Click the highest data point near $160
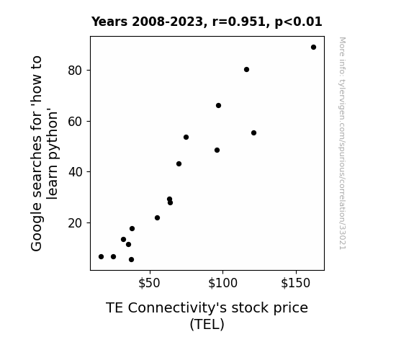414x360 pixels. coord(313,48)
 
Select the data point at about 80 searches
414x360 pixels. coord(246,69)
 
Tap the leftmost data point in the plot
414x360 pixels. coord(101,257)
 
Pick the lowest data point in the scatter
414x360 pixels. coord(131,260)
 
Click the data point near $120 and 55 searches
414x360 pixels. coord(253,133)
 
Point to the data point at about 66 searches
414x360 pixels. coord(218,105)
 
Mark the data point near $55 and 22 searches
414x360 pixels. coord(157,218)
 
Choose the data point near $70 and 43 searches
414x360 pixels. coord(179,163)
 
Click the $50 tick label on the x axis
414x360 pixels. coord(149,283)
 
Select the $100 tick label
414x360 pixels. coord(223,283)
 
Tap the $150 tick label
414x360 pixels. coord(295,283)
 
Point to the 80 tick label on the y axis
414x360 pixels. coord(75,71)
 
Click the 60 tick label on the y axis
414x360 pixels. coord(75,122)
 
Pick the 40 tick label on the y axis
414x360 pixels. coord(75,172)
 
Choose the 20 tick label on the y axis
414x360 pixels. coord(75,223)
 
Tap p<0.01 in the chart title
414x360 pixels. coord(298,22)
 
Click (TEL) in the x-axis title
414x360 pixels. coord(207,324)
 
